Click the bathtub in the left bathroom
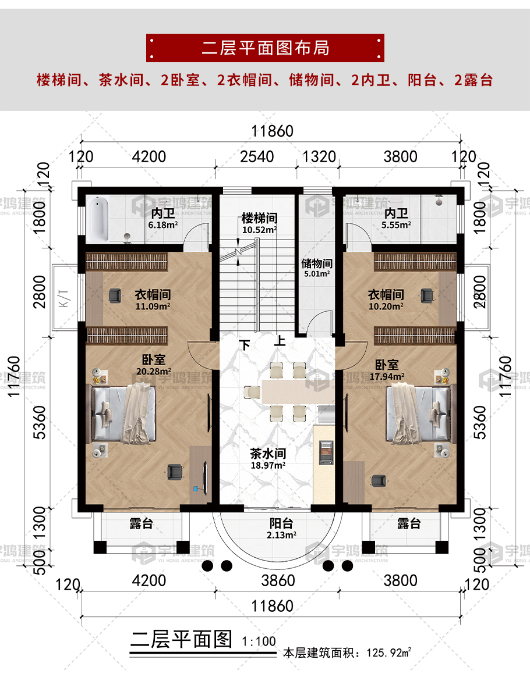tap(98, 220)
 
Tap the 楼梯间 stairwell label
tap(259, 219)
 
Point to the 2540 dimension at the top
tap(257, 156)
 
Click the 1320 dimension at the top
tap(320, 156)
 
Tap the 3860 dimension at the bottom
tap(278, 580)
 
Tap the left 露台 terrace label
tap(141, 523)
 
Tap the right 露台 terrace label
tap(409, 523)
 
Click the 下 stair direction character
tap(246, 344)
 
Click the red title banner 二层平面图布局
tap(265, 48)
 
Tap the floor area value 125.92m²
tap(388, 653)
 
